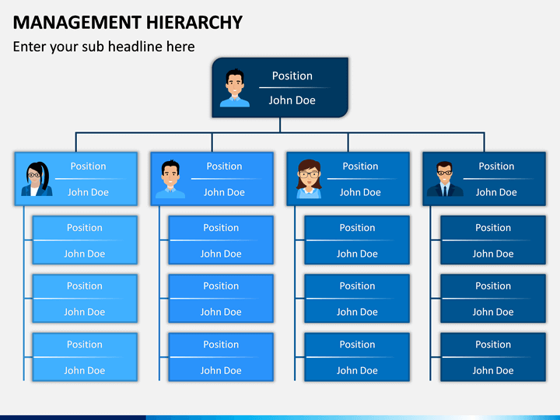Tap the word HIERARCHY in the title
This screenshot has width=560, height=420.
point(194,22)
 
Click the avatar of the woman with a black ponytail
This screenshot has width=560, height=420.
point(37,179)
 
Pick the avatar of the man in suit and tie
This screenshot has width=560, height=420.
point(445,179)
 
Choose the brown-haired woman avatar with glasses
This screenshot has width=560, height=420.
point(309,179)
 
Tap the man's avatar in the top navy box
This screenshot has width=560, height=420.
point(235,88)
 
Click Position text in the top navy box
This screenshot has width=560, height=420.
point(292,75)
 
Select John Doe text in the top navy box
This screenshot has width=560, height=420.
point(292,100)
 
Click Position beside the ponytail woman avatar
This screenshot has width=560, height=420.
point(88,166)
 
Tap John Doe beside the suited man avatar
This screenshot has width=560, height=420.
point(496,192)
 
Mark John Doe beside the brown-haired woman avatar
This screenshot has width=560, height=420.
point(360,192)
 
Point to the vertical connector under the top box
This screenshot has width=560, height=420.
point(280,125)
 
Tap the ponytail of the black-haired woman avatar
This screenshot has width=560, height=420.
point(45,175)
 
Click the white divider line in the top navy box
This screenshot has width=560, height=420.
point(294,87)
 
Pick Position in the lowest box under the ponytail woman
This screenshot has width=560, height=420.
point(85,345)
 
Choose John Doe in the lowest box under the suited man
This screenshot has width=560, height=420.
point(493,370)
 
